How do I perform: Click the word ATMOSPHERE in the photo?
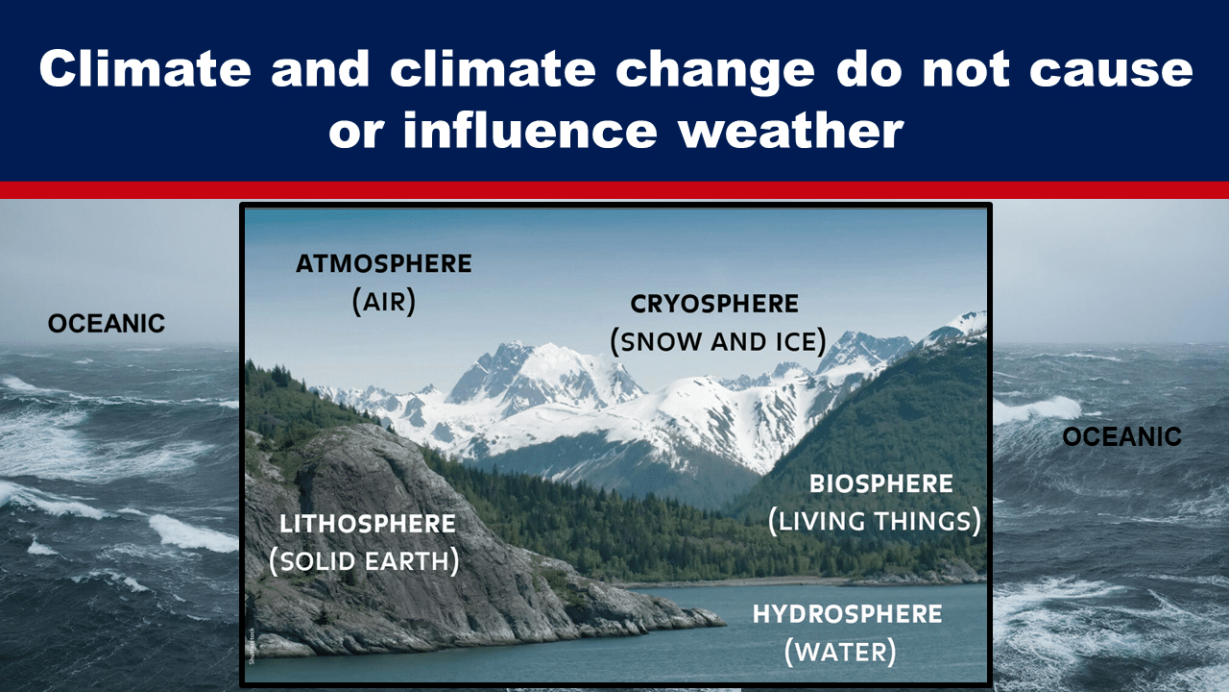[383, 263]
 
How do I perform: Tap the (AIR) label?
[383, 302]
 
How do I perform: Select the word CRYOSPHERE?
[714, 304]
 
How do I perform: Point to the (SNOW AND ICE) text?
[718, 341]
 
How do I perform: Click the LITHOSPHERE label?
[368, 524]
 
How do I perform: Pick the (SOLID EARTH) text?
[364, 561]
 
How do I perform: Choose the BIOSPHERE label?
[881, 483]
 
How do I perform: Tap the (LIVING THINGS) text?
[875, 521]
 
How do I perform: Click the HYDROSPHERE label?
[847, 614]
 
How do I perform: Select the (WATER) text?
[840, 652]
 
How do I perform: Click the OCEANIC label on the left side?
[107, 324]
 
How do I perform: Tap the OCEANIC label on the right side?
[1122, 437]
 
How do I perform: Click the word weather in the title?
[790, 131]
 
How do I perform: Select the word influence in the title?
[530, 131]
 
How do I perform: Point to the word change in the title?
[714, 71]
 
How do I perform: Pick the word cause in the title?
[1111, 71]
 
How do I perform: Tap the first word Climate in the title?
[145, 68]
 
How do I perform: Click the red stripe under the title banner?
[614, 190]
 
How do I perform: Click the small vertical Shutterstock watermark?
[252, 646]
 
